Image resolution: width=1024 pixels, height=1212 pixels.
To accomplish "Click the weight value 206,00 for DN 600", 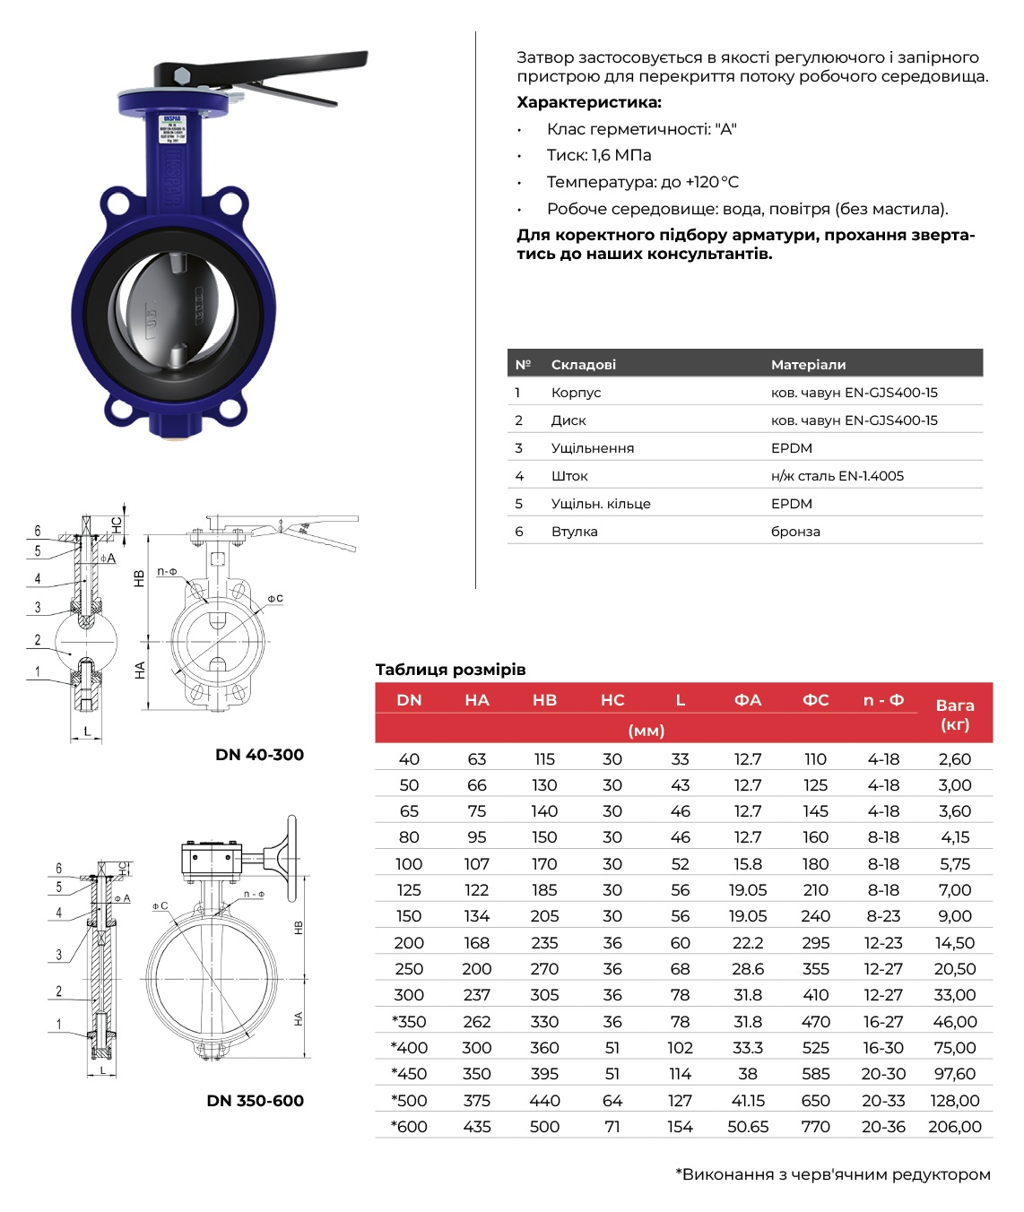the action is click(954, 1127).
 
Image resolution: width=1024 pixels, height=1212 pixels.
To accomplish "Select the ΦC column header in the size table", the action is click(815, 700).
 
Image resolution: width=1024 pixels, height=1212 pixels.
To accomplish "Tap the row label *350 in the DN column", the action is click(409, 1022).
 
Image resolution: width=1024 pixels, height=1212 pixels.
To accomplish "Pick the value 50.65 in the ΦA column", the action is click(748, 1127).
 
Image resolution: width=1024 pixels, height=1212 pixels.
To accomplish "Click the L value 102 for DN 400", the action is click(680, 1048).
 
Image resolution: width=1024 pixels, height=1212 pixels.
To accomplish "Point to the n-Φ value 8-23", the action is click(883, 916).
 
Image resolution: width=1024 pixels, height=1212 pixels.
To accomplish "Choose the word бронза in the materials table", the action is click(795, 532).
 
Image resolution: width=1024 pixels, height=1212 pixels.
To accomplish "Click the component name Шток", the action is click(569, 476).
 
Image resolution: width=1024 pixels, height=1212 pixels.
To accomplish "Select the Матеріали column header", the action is click(808, 365).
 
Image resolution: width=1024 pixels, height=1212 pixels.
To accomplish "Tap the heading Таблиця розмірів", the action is click(450, 670).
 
